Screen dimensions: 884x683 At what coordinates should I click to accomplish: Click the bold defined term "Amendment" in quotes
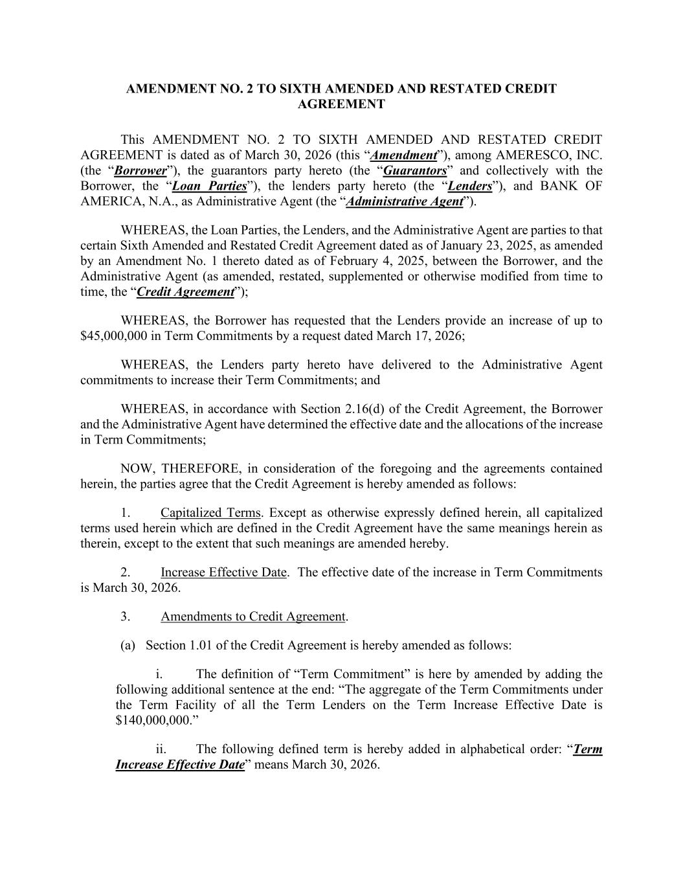[405, 155]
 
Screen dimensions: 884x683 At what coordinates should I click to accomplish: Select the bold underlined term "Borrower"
[140, 171]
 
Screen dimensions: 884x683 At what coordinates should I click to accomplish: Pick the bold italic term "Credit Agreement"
[185, 292]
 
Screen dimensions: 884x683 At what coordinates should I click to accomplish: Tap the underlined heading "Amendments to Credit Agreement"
[253, 617]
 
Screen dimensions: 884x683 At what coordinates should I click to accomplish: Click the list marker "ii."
[161, 749]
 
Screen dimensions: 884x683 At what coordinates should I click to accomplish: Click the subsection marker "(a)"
[128, 646]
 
